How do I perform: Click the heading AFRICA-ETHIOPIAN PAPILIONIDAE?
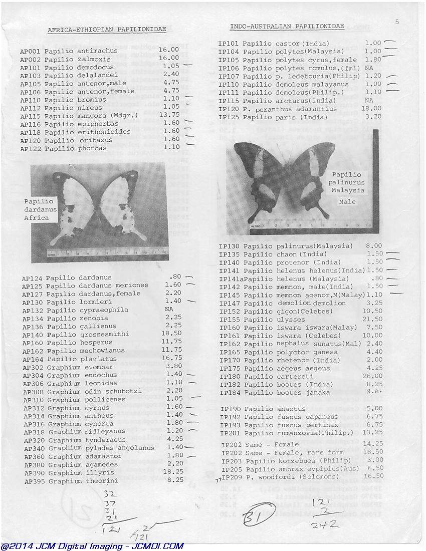coord(107,30)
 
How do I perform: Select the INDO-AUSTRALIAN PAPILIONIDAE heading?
coord(287,26)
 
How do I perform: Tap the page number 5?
coord(397,22)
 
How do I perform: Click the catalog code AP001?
coord(30,51)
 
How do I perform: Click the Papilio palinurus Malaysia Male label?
coord(347,186)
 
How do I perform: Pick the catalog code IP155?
coord(229,320)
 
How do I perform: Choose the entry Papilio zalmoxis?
coord(81,59)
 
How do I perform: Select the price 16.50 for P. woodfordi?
coord(373,476)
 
